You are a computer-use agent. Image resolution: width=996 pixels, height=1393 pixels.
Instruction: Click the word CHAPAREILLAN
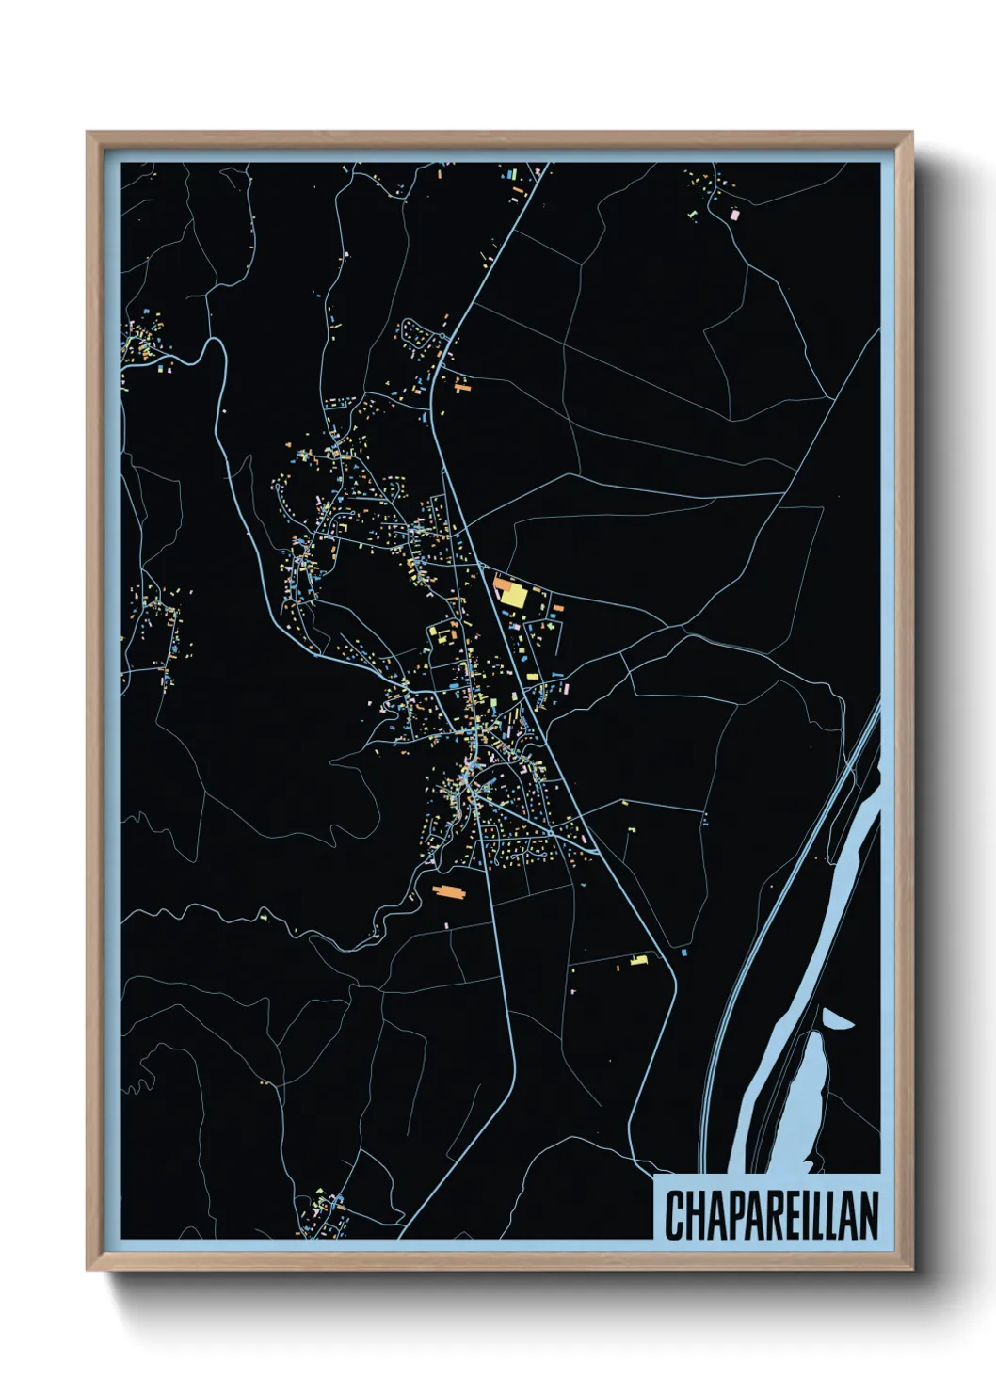(x=771, y=1215)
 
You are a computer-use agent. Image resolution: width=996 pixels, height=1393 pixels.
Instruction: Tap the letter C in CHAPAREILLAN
(x=674, y=1215)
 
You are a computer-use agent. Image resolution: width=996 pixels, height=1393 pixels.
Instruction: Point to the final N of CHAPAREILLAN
(x=868, y=1215)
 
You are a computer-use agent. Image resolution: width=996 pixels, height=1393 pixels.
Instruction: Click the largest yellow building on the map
(x=513, y=595)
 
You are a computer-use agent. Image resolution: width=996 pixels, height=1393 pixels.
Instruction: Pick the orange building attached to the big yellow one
(x=499, y=584)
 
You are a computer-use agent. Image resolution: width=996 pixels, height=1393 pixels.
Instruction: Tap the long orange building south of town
(x=449, y=890)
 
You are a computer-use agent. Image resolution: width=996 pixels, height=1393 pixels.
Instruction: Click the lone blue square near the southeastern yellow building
(x=683, y=953)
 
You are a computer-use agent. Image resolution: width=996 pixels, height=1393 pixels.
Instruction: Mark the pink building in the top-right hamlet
(x=735, y=215)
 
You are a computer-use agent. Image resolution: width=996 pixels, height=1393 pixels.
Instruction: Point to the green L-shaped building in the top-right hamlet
(x=695, y=215)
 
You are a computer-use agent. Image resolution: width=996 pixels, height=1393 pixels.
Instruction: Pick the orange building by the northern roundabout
(x=461, y=385)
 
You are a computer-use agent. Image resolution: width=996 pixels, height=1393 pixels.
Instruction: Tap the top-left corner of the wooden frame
(x=88, y=134)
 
